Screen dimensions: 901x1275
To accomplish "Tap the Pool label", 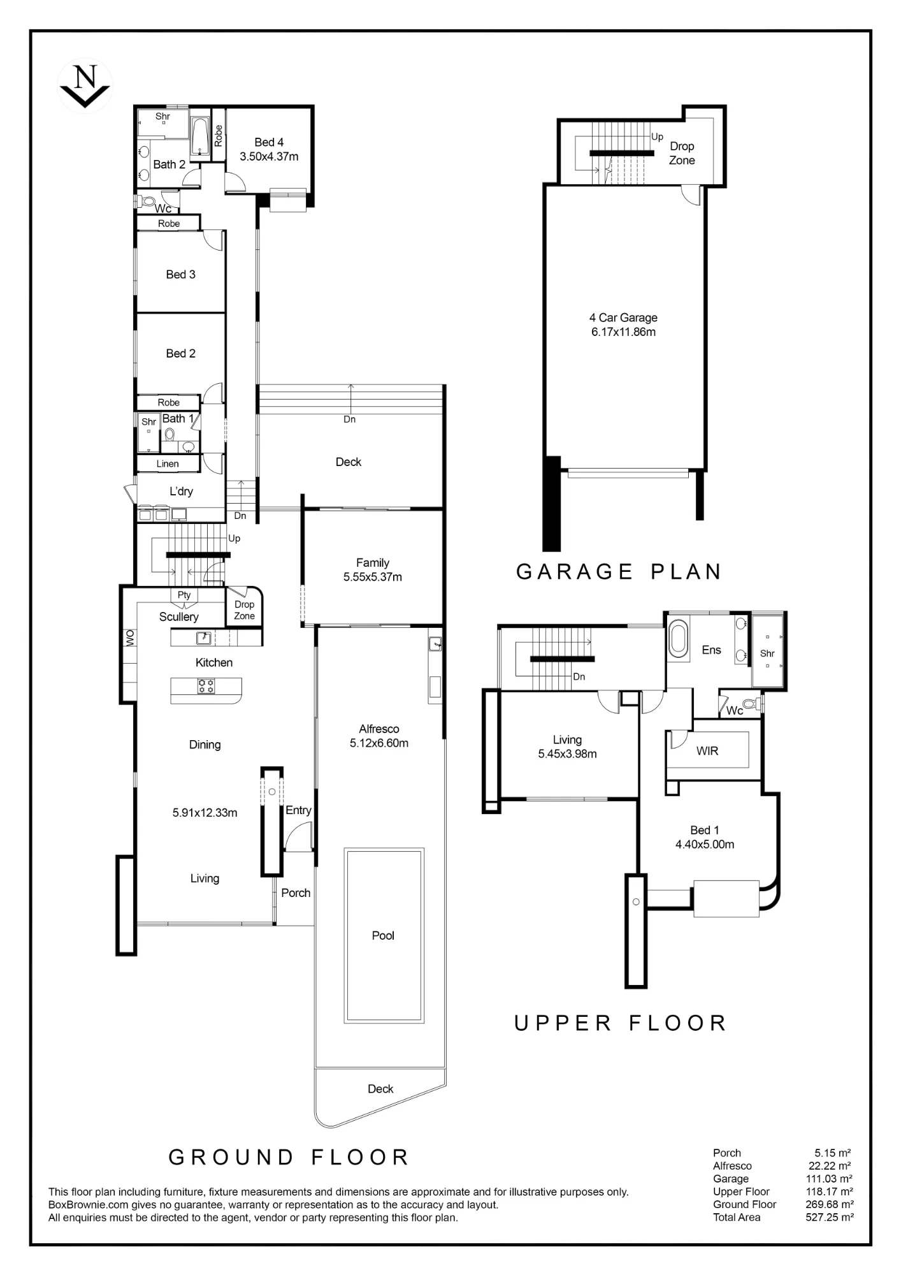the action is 383,935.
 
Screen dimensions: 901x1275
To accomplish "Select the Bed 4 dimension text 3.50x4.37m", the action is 269,156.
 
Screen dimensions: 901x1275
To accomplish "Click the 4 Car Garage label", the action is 623,317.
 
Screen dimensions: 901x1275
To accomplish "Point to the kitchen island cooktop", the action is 206,686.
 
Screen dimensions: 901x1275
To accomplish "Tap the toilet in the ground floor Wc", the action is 147,201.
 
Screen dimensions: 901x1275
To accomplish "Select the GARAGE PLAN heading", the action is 619,571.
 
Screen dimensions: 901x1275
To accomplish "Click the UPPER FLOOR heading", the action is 620,1023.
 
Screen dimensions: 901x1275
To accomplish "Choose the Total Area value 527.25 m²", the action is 830,1217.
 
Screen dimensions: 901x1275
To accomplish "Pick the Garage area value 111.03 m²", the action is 830,1179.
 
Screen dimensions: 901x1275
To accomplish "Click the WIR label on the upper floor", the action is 707,750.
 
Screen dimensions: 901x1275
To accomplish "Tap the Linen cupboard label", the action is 168,463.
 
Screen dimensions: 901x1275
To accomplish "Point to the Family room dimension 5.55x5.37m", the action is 373,577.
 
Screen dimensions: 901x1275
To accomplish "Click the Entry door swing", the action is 298,837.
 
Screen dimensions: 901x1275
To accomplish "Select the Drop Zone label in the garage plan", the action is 682,153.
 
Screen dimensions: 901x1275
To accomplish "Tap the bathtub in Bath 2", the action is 201,136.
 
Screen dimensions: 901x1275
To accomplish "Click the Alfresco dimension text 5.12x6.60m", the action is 379,743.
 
